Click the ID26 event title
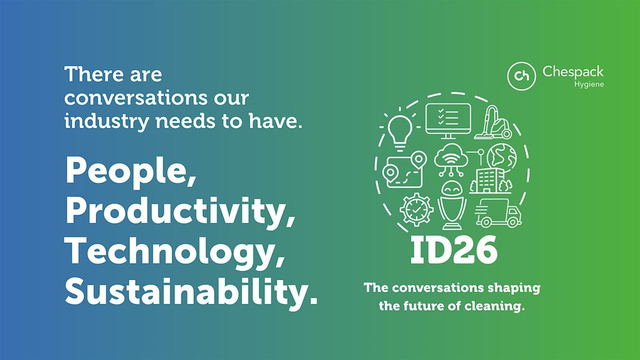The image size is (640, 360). pyautogui.click(x=454, y=250)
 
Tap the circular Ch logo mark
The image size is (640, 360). pyautogui.click(x=522, y=76)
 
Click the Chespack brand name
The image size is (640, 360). pyautogui.click(x=573, y=71)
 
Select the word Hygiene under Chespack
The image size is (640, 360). pyautogui.click(x=589, y=85)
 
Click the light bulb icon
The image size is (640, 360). pyautogui.click(x=399, y=130)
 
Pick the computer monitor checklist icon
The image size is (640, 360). pyautogui.click(x=448, y=121)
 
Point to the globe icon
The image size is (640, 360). pyautogui.click(x=502, y=158)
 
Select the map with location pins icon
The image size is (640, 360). pyautogui.click(x=404, y=170)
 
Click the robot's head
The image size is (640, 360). pyautogui.click(x=452, y=188)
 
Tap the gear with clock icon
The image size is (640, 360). pyautogui.click(x=417, y=210)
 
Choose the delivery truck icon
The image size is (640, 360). pyautogui.click(x=498, y=213)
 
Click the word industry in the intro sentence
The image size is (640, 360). pyautogui.click(x=107, y=122)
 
